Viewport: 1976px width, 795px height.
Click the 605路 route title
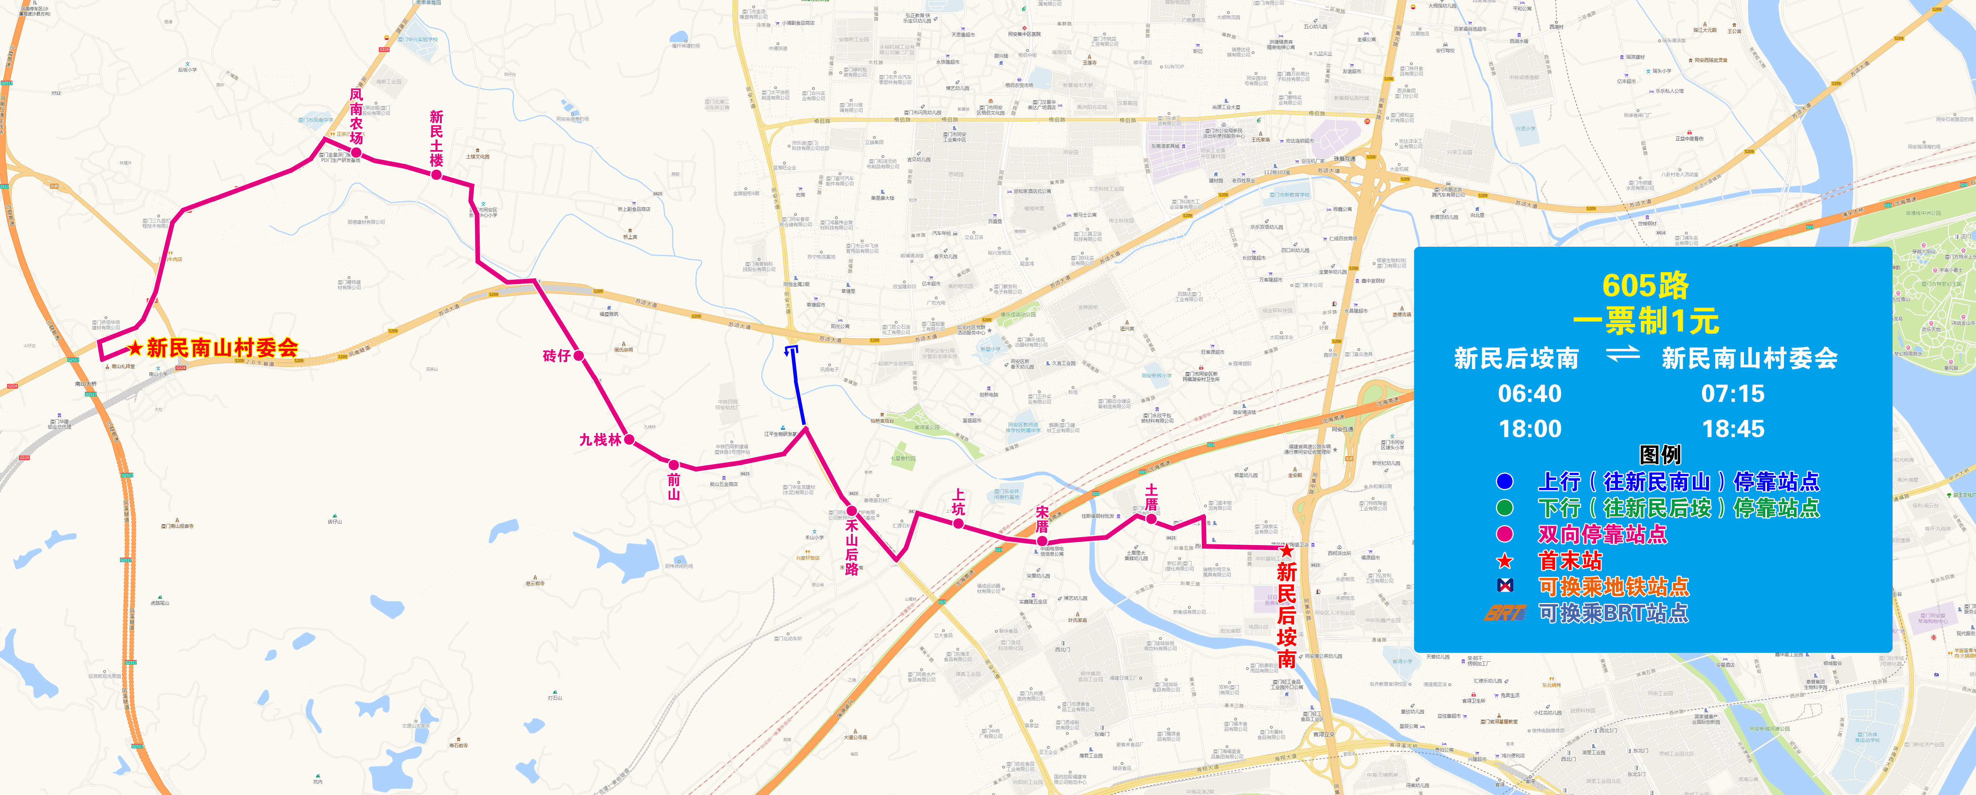(1646, 285)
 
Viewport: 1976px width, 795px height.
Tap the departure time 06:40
(1530, 394)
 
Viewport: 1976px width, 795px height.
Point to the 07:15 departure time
(1733, 394)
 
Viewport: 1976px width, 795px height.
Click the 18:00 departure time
(1530, 429)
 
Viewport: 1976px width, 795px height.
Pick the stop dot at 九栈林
(629, 440)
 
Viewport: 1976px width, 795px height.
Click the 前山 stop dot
(673, 464)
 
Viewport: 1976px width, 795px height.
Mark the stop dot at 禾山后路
(851, 510)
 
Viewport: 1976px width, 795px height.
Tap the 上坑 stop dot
(958, 523)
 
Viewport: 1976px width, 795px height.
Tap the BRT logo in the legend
(1505, 612)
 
